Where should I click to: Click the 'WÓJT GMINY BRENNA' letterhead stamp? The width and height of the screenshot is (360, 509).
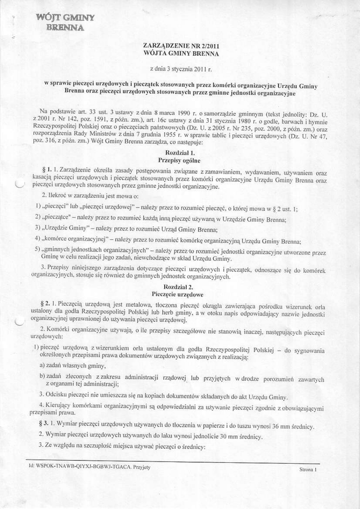pyautogui.click(x=65, y=22)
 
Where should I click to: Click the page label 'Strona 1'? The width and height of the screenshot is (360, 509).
pyautogui.click(x=308, y=469)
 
